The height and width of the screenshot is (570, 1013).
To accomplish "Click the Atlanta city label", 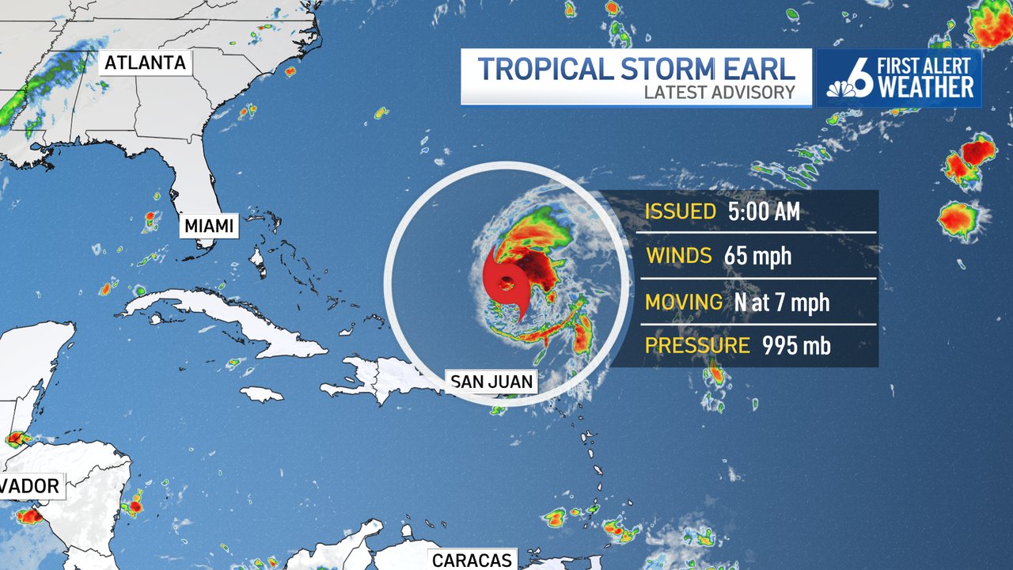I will click(x=146, y=63).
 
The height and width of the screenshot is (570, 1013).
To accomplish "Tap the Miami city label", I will click(x=209, y=226).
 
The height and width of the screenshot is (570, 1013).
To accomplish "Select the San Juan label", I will click(x=491, y=382).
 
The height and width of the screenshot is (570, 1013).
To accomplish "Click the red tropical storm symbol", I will click(x=505, y=282).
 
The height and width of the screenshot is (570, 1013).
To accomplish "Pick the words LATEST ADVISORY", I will click(x=719, y=92).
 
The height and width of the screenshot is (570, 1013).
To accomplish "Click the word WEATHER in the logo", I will click(x=927, y=87).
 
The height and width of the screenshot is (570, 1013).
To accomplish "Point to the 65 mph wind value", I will click(x=757, y=256).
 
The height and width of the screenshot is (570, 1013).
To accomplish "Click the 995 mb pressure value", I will click(x=796, y=346).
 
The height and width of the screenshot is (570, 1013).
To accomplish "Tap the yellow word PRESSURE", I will click(x=697, y=346).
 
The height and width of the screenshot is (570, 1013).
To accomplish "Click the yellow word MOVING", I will click(x=684, y=302).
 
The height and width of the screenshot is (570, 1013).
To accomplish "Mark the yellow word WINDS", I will click(x=680, y=256).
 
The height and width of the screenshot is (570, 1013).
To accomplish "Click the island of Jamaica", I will click(x=261, y=393).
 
